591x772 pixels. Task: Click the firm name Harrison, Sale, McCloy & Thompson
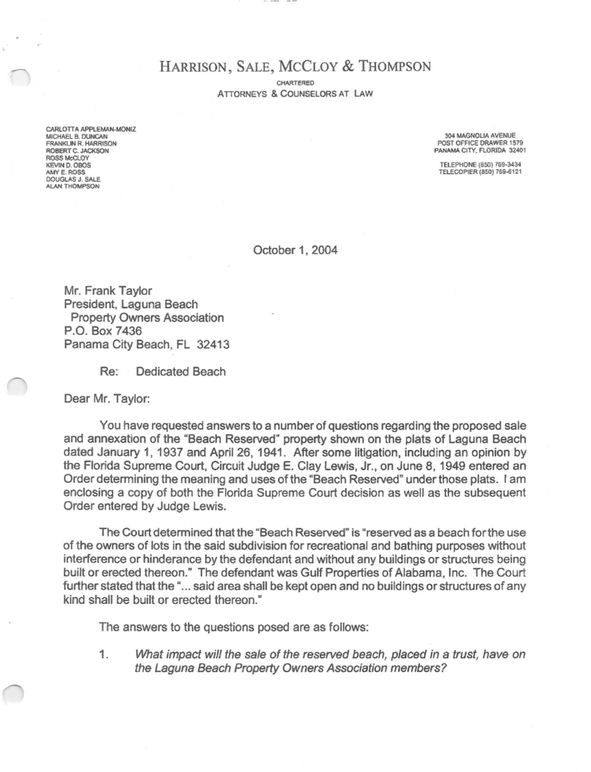tap(295, 67)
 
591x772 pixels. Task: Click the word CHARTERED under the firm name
tap(295, 82)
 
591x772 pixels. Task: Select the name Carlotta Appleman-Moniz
tap(91, 130)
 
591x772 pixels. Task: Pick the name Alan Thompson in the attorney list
tap(72, 186)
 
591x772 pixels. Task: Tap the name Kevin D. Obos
tap(69, 165)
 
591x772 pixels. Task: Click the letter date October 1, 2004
tap(295, 251)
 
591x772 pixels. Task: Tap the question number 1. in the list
tap(105, 654)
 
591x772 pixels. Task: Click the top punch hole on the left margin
tap(17, 77)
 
